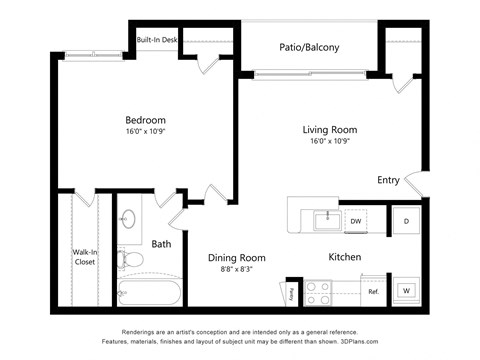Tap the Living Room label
tap(329, 130)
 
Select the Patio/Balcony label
tap(307, 47)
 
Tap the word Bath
tap(161, 243)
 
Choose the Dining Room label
tap(237, 258)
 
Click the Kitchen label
tap(344, 257)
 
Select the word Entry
tap(388, 180)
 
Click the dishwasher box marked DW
tap(356, 221)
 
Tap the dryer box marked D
tap(407, 221)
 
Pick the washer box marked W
tap(407, 291)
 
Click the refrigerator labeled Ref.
tap(372, 292)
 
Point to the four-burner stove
tap(318, 292)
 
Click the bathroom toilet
tap(129, 260)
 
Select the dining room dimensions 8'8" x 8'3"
tap(237, 270)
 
